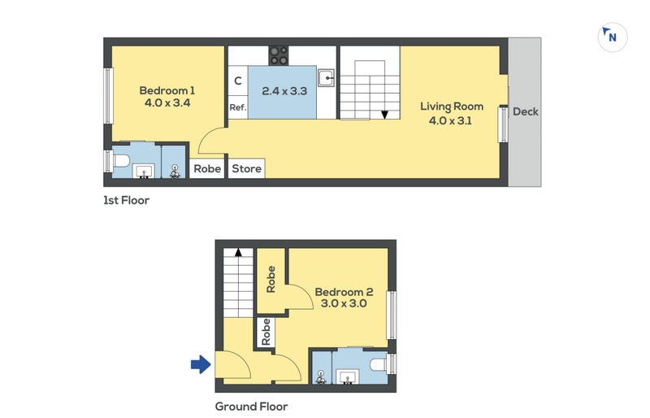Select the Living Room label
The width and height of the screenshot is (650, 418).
[x=452, y=106]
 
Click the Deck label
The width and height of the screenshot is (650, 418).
[x=526, y=112]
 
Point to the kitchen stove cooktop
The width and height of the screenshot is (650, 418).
[x=279, y=54]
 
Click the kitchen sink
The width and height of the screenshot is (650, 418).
[x=327, y=78]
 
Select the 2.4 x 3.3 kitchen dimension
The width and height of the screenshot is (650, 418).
[x=284, y=91]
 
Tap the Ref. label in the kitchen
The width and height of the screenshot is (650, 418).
[x=237, y=107]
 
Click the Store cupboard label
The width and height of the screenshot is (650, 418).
[x=246, y=169]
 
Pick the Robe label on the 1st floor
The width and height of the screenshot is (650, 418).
[x=207, y=169]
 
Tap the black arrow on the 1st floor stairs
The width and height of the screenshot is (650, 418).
[x=383, y=115]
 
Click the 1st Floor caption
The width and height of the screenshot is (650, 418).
[x=126, y=200]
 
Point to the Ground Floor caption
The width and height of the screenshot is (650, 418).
[x=251, y=406]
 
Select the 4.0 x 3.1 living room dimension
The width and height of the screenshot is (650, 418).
[x=451, y=120]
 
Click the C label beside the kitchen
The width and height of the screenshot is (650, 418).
[x=237, y=81]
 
